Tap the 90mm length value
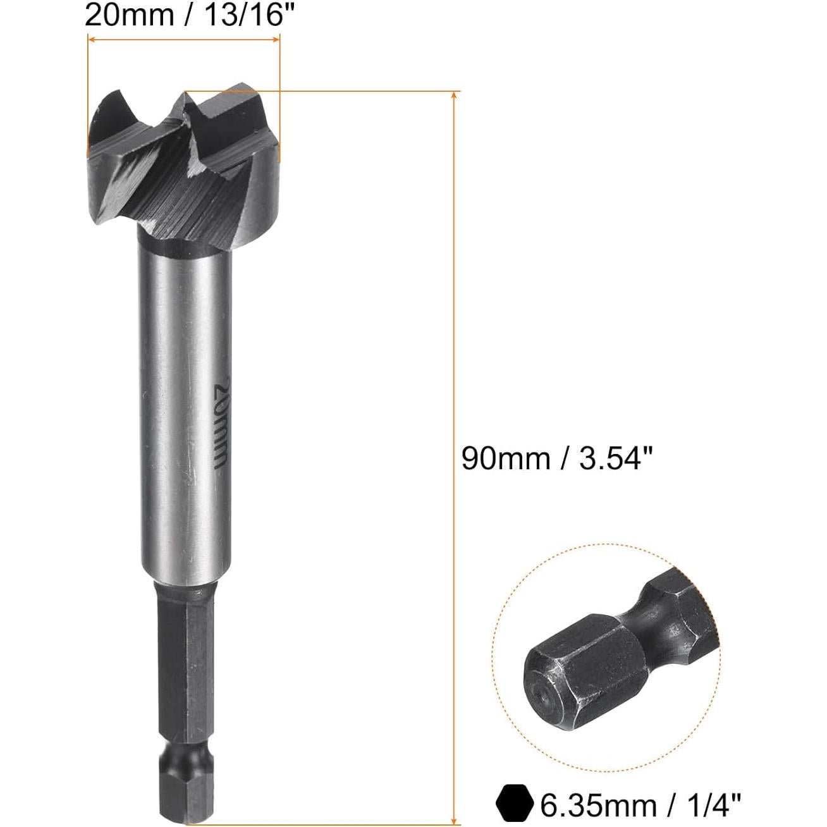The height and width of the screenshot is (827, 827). click(x=505, y=458)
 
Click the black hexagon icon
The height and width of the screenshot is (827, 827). click(x=515, y=805)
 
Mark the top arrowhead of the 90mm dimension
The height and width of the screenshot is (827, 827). click(x=453, y=95)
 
